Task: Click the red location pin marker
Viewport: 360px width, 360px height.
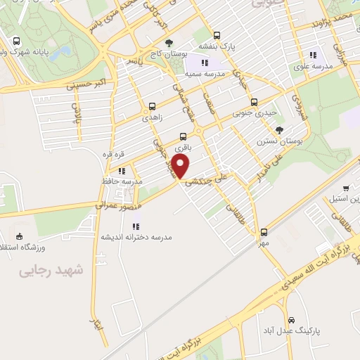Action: pyautogui.click(x=181, y=167)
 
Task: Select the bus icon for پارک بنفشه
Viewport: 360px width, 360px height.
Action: pyautogui.click(x=217, y=35)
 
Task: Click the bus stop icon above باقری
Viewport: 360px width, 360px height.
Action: pyautogui.click(x=184, y=136)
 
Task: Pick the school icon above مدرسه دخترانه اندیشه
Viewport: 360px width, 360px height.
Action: pyautogui.click(x=136, y=226)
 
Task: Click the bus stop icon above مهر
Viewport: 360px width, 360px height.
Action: pyautogui.click(x=264, y=231)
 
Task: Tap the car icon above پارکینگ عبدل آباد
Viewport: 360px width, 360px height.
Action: pyautogui.click(x=301, y=319)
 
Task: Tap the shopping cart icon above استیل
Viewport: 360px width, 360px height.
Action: pyautogui.click(x=346, y=188)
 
